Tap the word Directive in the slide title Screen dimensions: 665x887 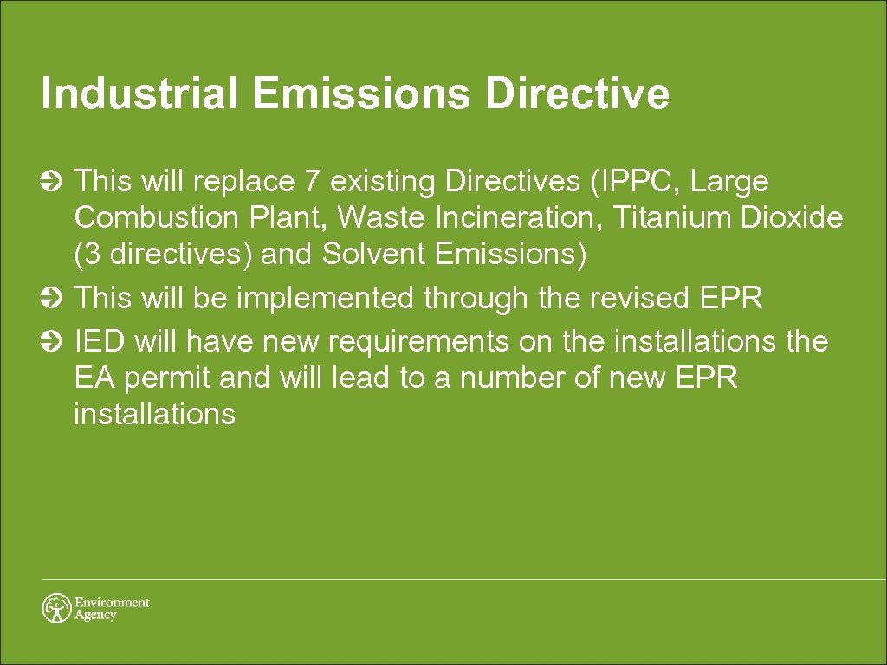tap(577, 94)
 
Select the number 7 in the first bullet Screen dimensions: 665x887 tap(312, 182)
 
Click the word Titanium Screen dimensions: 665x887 tap(672, 217)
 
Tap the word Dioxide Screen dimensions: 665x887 tap(792, 217)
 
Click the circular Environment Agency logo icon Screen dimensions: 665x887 tap(56, 608)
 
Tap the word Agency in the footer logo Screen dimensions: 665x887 tap(95, 616)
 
